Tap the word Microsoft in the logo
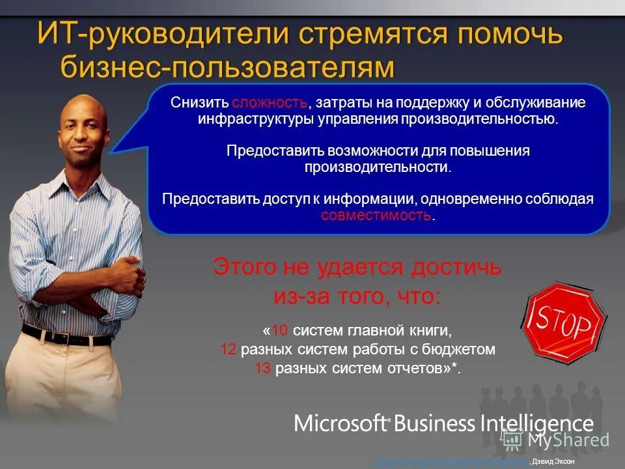pyautogui.click(x=340, y=423)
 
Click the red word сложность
pyautogui.click(x=269, y=103)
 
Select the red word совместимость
pyautogui.click(x=376, y=216)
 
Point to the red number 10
pyautogui.click(x=278, y=330)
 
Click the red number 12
pyautogui.click(x=228, y=350)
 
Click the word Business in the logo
pyautogui.click(x=434, y=423)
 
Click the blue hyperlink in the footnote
pyautogui.click(x=449, y=461)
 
